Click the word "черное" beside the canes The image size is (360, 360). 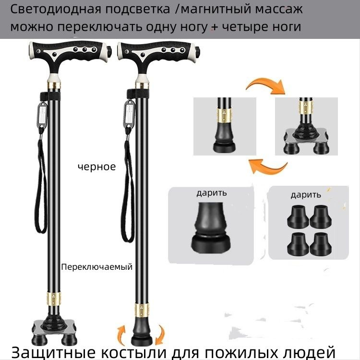click(96, 167)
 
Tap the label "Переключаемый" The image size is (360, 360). click(97, 267)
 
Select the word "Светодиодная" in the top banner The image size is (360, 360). click(56, 10)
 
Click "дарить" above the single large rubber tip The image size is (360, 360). click(212, 193)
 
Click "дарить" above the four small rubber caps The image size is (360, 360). click(306, 195)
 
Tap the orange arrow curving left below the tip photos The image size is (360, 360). click(268, 167)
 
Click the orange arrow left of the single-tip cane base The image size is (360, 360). click(121, 334)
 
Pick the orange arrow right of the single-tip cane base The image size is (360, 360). click(160, 334)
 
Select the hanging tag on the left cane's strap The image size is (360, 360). click(42, 114)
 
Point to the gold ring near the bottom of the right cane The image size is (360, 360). click(142, 310)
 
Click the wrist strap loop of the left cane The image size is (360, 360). click(41, 184)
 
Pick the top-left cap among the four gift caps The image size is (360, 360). click(298, 217)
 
